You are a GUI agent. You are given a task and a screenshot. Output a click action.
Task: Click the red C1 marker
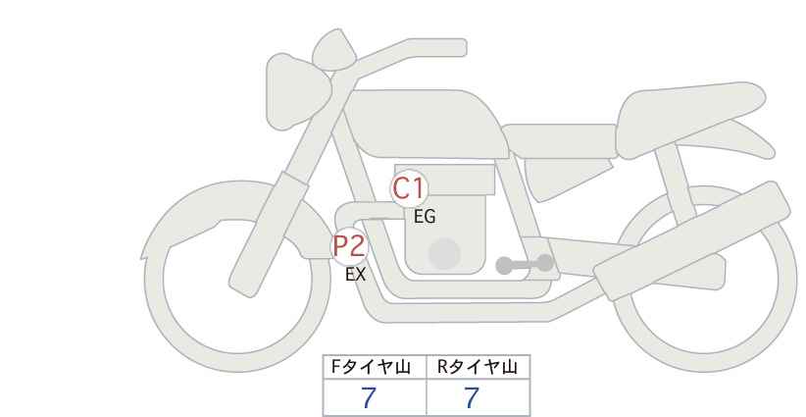(x=409, y=188)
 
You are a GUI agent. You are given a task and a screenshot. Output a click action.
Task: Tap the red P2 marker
(x=350, y=246)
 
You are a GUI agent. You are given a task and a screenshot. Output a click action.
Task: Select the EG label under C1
(x=425, y=217)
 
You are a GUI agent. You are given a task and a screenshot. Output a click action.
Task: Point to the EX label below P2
(x=355, y=275)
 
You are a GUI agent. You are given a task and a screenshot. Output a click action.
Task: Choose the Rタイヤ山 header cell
(x=479, y=367)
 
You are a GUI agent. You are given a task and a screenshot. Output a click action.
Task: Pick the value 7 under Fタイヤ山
(x=369, y=397)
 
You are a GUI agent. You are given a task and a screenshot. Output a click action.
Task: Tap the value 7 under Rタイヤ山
(x=472, y=397)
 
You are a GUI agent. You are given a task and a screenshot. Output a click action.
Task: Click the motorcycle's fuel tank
(x=427, y=124)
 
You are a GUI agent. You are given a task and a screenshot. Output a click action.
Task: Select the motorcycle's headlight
(x=296, y=91)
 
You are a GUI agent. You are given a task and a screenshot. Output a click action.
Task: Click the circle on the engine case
(x=444, y=254)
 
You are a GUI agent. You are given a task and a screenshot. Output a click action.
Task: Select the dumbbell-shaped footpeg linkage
(x=525, y=264)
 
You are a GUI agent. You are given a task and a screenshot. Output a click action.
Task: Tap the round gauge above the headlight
(x=333, y=50)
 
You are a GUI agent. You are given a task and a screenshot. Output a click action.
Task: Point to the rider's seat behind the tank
(x=559, y=140)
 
